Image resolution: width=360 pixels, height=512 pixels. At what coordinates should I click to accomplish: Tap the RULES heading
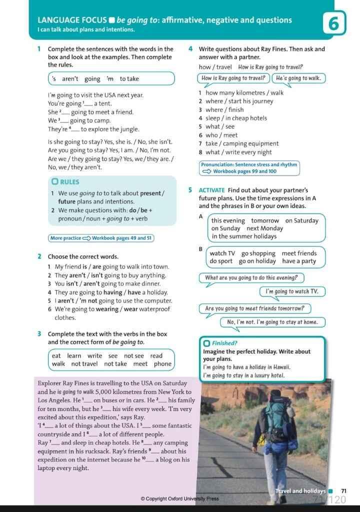(x=69, y=182)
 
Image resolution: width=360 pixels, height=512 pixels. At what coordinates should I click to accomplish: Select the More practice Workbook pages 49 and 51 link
(x=101, y=238)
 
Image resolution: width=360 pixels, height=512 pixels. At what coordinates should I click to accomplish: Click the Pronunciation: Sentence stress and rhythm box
(x=249, y=168)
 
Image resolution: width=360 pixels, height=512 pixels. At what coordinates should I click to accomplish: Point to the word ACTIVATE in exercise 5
(x=212, y=190)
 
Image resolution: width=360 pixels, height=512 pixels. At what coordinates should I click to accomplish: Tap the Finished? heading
(x=224, y=343)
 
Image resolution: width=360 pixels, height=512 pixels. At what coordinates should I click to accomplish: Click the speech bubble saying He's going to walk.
(x=298, y=78)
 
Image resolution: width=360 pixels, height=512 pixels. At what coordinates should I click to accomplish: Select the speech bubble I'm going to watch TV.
(x=292, y=291)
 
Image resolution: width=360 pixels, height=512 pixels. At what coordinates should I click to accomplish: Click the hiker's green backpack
(x=275, y=419)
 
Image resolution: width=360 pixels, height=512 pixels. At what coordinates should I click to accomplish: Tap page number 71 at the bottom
(x=343, y=491)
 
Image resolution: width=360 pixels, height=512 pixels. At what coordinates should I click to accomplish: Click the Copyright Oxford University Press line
(x=179, y=498)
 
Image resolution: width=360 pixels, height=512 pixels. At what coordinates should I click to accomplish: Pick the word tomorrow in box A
(x=265, y=220)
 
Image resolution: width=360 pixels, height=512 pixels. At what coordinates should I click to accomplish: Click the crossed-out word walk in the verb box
(x=58, y=363)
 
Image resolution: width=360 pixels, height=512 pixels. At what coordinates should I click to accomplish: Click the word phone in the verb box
(x=162, y=363)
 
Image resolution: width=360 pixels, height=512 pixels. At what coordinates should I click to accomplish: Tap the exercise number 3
(x=39, y=334)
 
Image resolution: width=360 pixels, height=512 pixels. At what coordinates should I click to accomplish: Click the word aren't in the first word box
(x=70, y=79)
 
